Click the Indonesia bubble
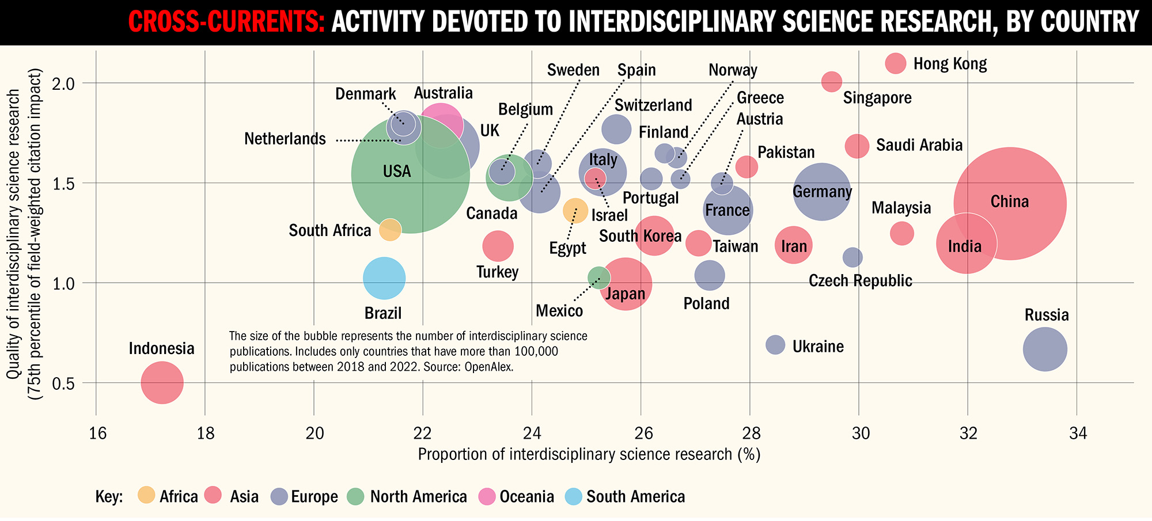coord(162,383)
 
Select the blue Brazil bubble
coord(384,279)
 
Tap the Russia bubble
coord(1045,349)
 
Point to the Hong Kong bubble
coord(895,63)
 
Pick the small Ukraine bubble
coord(775,345)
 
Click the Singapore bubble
coord(831,82)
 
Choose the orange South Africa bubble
coord(390,230)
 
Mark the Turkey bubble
coord(498,246)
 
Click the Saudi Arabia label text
coord(919,145)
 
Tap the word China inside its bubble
coord(1009,202)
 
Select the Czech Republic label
coord(860,281)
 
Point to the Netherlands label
coord(285,139)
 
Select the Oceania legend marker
coord(488,496)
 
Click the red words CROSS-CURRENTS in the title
coord(226,22)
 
